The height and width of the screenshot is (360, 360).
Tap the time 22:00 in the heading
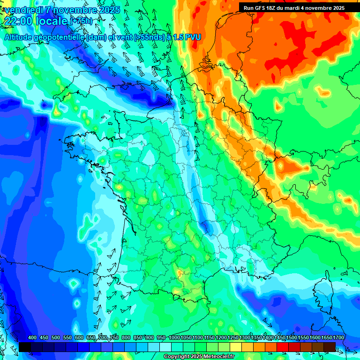[19, 21]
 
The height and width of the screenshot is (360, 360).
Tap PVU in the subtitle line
[194, 37]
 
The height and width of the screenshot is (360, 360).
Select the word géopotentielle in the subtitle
[58, 37]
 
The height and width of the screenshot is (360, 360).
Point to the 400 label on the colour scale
[32, 338]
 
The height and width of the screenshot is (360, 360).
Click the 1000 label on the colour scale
[174, 338]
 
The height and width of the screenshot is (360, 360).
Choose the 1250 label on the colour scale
[233, 338]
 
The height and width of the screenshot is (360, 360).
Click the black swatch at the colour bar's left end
[25, 347]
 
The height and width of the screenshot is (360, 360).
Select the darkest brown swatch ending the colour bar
[330, 347]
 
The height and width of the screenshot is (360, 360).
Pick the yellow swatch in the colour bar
[236, 347]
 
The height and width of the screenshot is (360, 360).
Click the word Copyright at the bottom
[177, 357]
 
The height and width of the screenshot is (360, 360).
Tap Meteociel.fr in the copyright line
[218, 357]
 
